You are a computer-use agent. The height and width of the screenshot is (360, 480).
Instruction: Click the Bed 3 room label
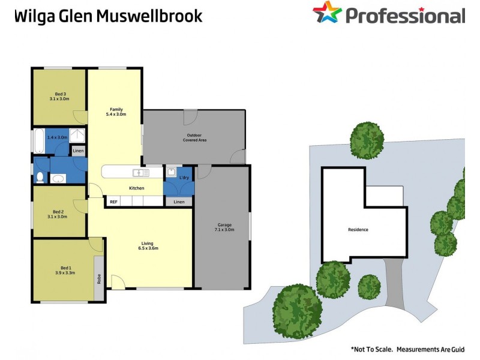[60, 94]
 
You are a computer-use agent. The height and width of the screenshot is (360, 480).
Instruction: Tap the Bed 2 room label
[58, 212]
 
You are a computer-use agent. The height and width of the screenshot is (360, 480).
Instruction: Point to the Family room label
[116, 109]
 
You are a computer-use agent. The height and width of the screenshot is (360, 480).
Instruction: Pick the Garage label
[224, 226]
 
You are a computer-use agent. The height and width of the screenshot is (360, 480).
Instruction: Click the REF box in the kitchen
[113, 202]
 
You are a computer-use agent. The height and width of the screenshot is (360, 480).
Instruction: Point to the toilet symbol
[40, 178]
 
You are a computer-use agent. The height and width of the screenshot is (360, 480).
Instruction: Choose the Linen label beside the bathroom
[79, 151]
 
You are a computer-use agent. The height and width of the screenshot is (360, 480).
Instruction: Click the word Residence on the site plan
[358, 230]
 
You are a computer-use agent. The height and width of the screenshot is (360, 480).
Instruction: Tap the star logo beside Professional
[326, 12]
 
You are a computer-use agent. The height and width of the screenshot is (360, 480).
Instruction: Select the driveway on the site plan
[394, 283]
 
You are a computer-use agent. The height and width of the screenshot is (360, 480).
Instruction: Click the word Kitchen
[137, 188]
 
